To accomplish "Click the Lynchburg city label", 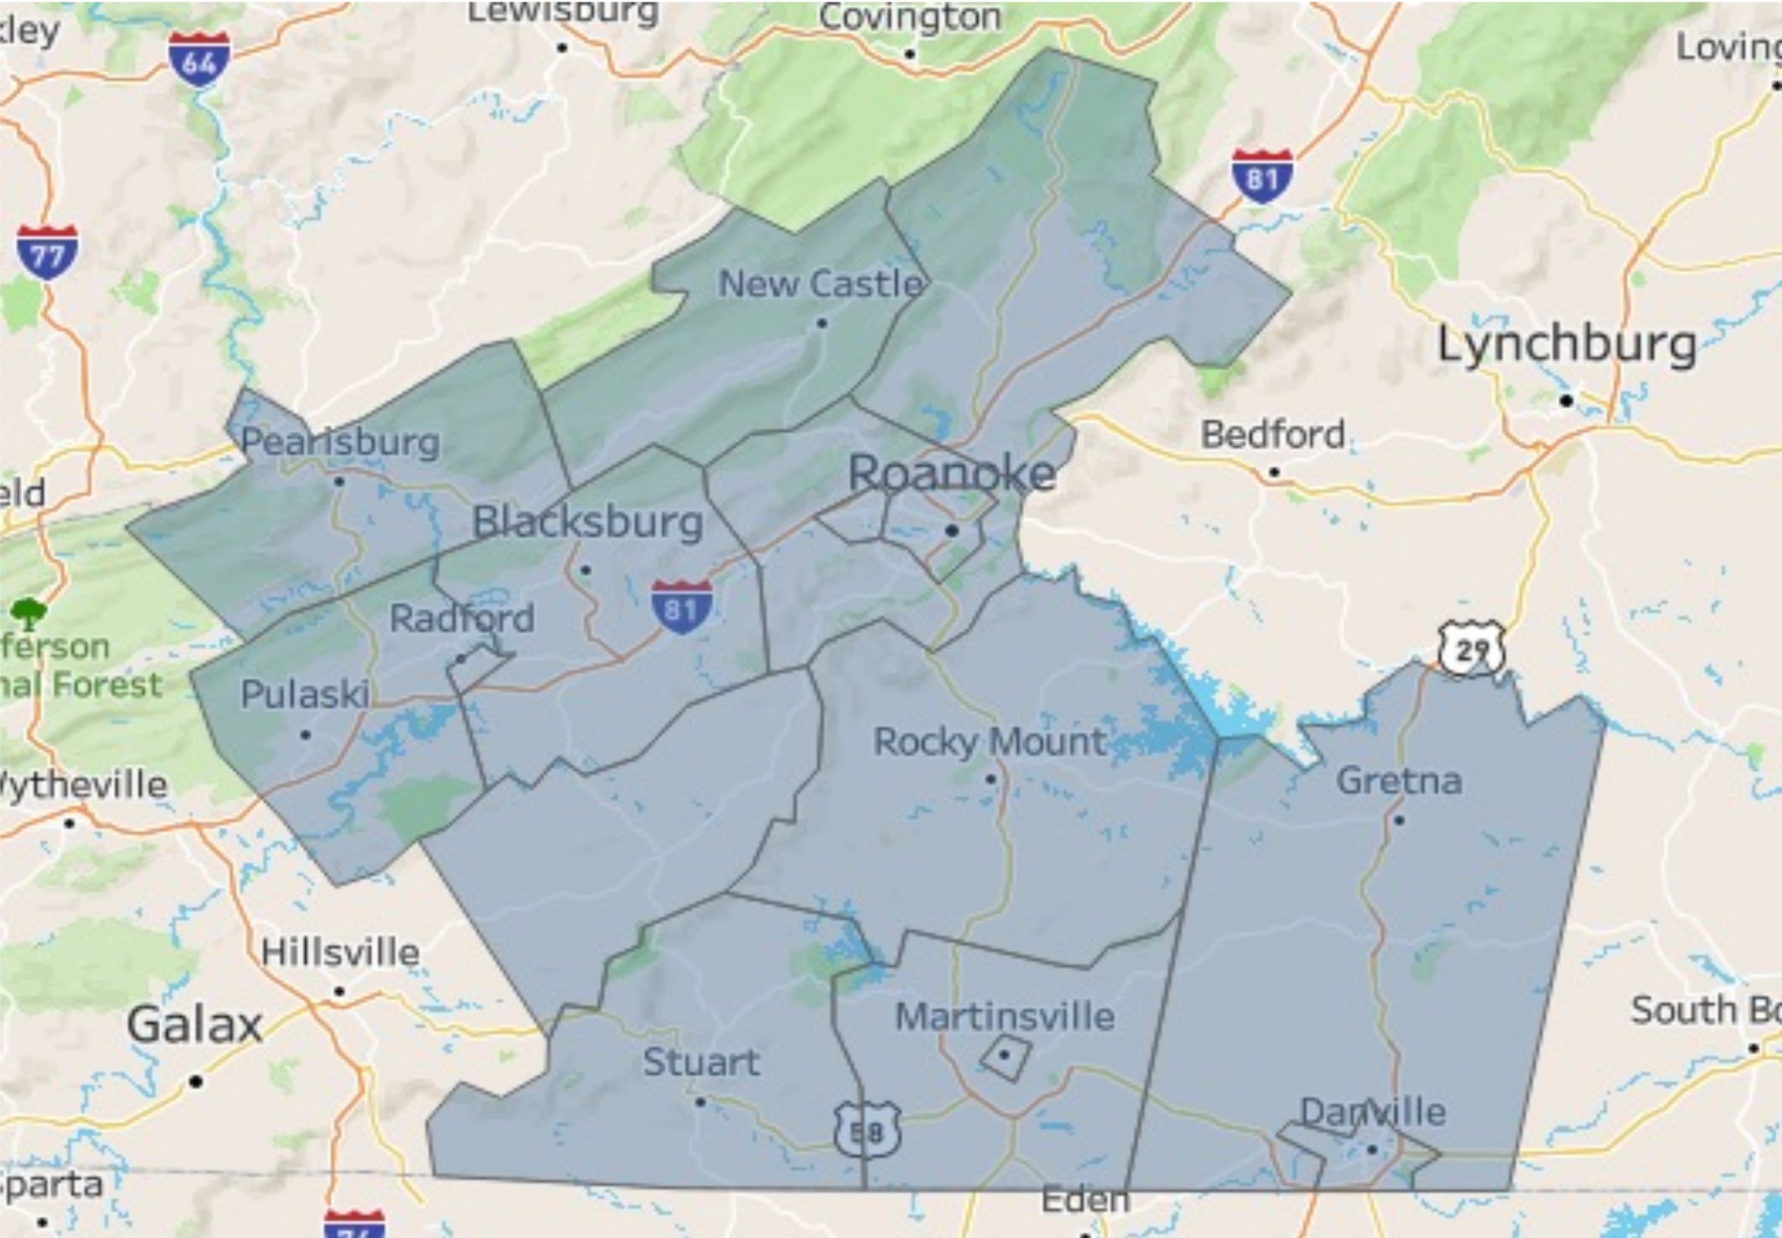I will tap(1566, 345).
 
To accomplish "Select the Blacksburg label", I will tap(587, 522).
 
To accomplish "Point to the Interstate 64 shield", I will tap(200, 59).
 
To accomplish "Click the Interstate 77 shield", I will tap(47, 252).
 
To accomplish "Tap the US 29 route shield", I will tap(1471, 649).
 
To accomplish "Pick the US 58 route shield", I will tap(867, 1130).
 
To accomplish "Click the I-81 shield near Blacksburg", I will tap(681, 606).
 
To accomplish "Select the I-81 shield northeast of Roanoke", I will tap(1262, 176).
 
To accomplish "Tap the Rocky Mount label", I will tap(989, 742).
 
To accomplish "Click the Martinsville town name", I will tap(1005, 1016).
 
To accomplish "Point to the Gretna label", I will tap(1398, 780).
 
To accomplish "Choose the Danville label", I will tap(1372, 1112).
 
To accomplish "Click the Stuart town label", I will tap(700, 1062).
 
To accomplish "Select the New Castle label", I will tap(821, 284).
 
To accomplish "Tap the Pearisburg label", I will tap(340, 442).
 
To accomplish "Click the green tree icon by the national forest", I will tap(30, 612).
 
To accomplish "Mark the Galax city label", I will tap(195, 1025).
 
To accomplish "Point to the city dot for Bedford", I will tap(1274, 472).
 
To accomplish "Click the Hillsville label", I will tap(340, 953).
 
